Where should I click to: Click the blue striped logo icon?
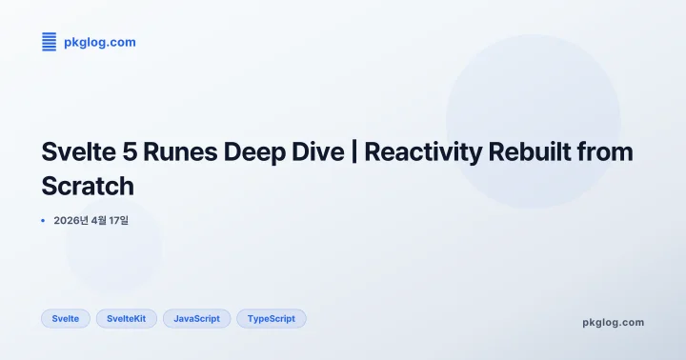tap(49, 42)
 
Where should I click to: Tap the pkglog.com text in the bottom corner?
tap(613, 322)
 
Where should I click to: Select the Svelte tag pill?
tap(66, 318)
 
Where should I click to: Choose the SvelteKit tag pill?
tap(127, 318)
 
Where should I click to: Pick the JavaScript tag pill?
tap(197, 318)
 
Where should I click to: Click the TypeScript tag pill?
tap(272, 318)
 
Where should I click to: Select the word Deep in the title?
tap(251, 152)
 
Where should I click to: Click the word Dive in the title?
tap(315, 152)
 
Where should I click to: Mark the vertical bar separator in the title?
tap(353, 152)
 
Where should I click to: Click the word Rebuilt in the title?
tap(531, 152)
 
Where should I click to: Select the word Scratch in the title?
tap(88, 185)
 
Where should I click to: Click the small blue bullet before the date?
tap(44, 220)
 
